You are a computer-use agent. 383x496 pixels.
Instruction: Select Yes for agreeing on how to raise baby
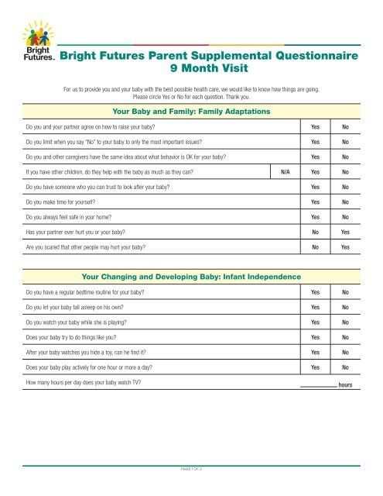point(315,126)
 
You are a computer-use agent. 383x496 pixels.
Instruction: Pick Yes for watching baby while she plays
point(315,322)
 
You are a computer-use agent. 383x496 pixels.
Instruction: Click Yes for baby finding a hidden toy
point(315,352)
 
